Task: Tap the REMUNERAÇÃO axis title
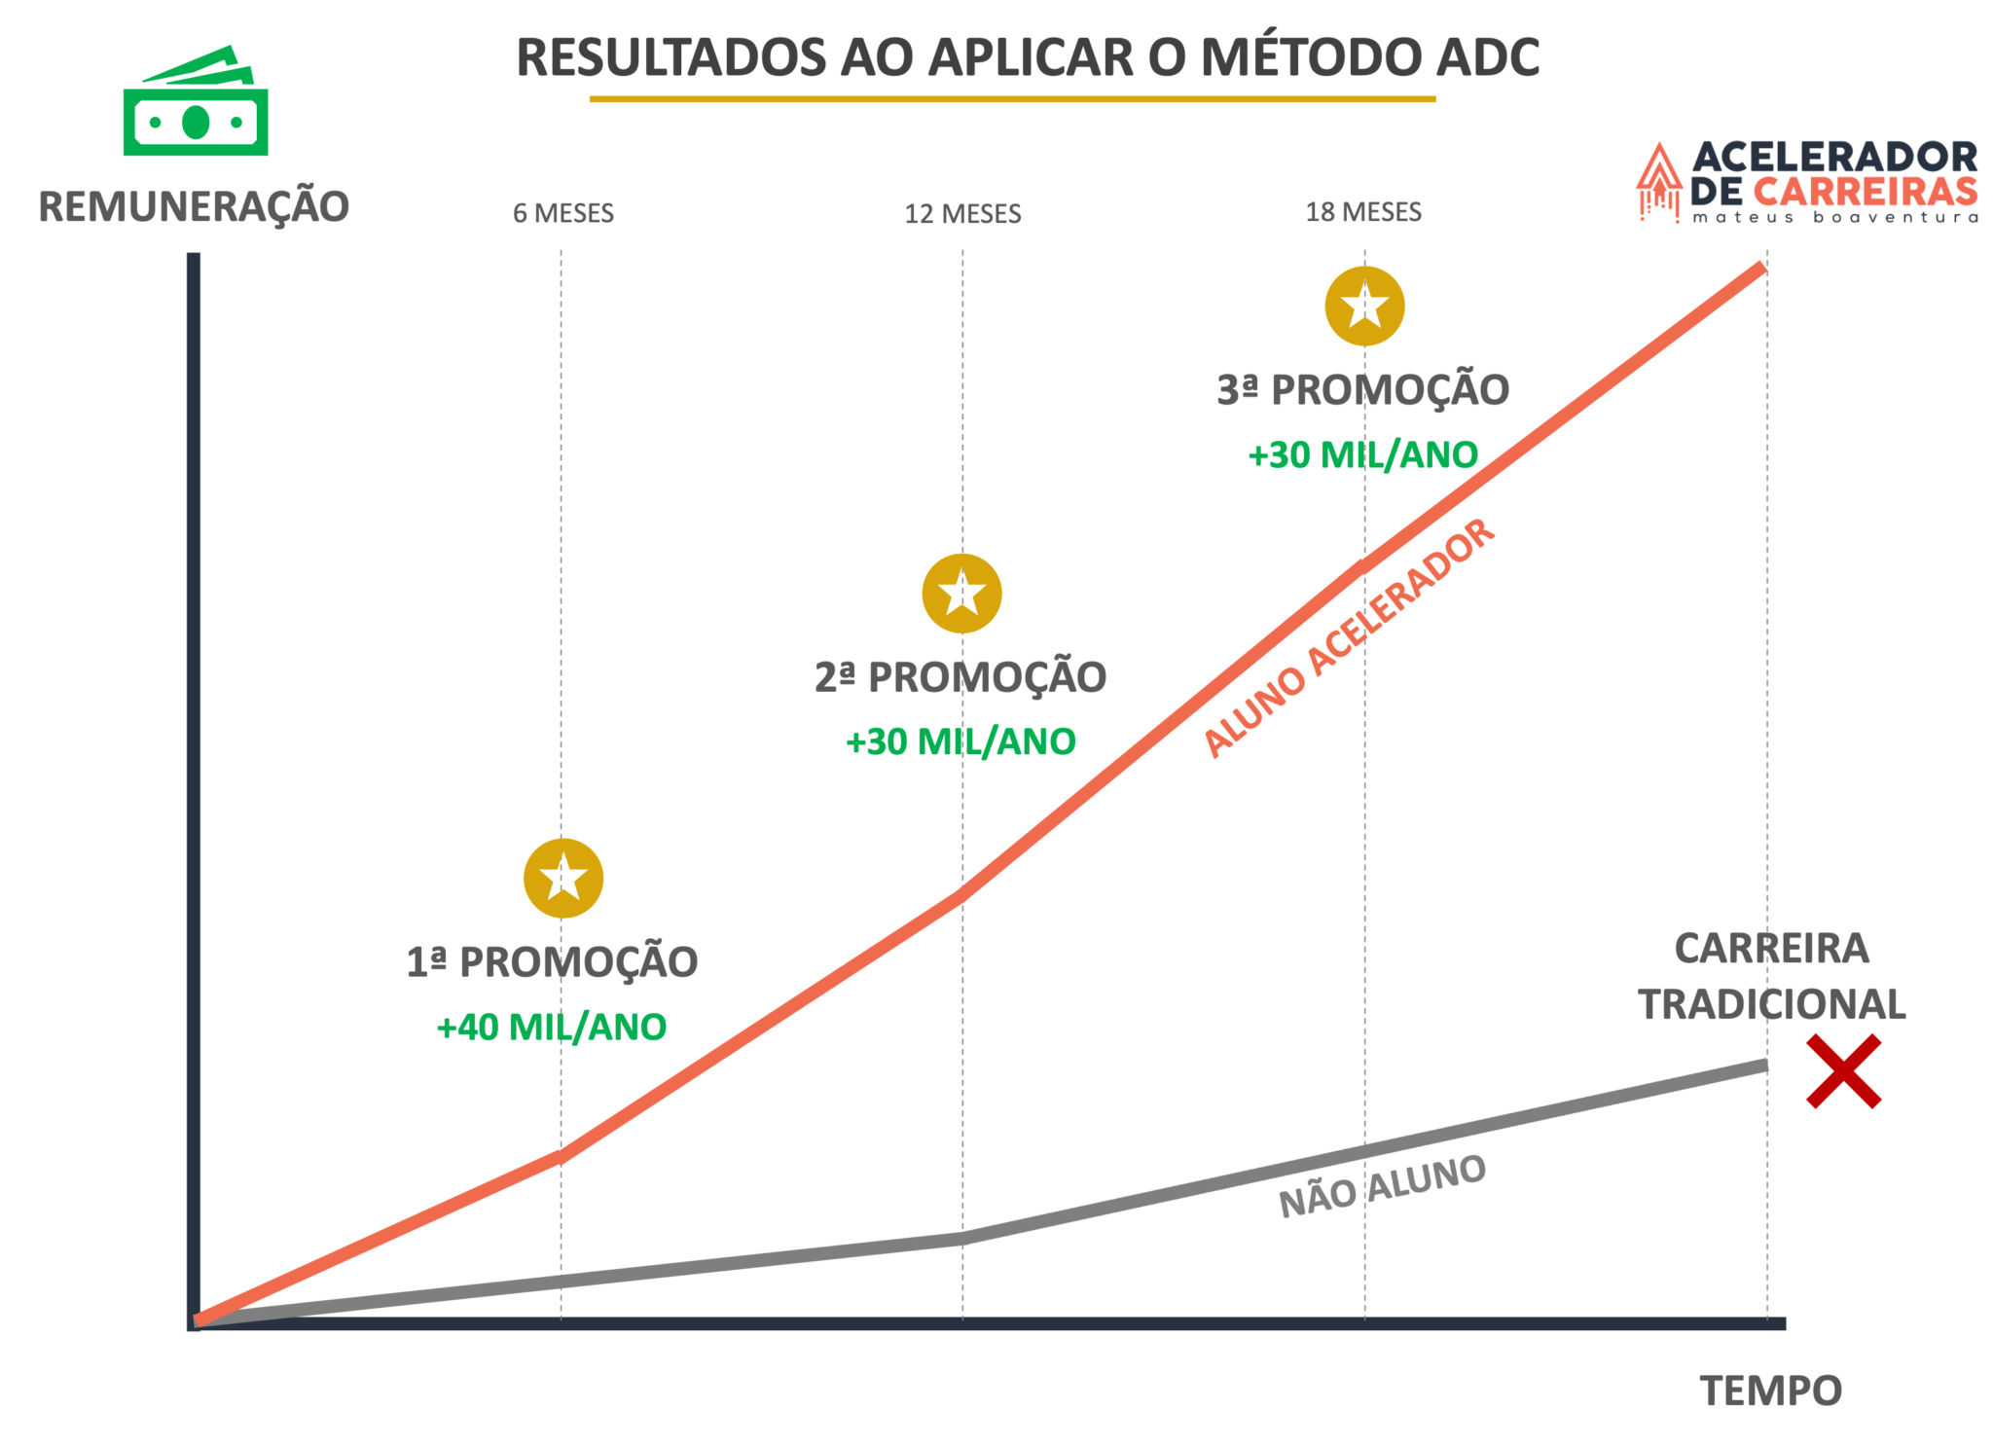pos(194,207)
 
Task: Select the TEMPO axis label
pos(1770,1392)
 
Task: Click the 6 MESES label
pos(563,213)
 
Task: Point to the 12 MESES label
pos(962,214)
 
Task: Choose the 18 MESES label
pos(1363,212)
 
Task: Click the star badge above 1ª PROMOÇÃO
pos(563,878)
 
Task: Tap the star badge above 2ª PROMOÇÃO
pos(961,594)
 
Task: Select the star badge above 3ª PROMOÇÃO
pos(1364,306)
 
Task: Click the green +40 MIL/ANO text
pos(552,1028)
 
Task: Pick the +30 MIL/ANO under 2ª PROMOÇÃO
pos(960,742)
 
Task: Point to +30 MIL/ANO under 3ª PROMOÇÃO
pos(1362,455)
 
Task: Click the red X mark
pos(1843,1071)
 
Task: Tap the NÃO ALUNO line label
pos(1382,1186)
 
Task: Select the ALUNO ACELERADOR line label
pos(1349,637)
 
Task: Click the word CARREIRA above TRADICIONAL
pos(1771,949)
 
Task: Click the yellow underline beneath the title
pos(1012,99)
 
